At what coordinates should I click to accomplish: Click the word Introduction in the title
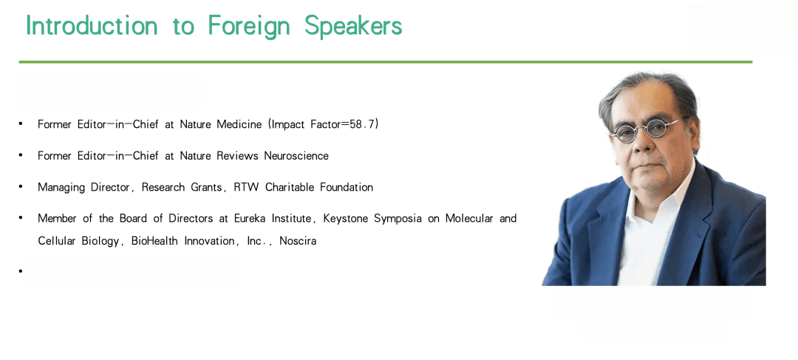[x=92, y=25]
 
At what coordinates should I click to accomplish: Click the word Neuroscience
[x=296, y=156]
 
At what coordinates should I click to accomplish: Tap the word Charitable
[x=290, y=187]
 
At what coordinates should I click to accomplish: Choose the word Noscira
[x=298, y=241]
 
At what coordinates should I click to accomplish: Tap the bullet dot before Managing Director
[x=21, y=186]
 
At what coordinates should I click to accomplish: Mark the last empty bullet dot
[x=21, y=271]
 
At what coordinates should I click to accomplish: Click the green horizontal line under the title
[x=385, y=62]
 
